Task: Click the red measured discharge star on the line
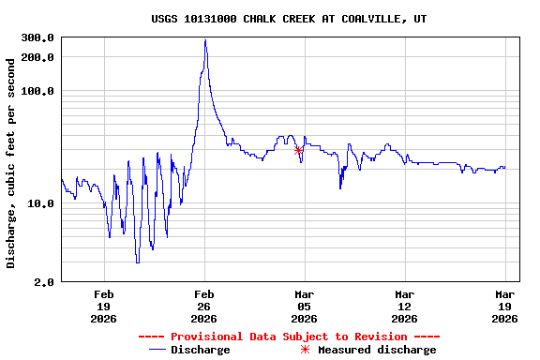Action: pyautogui.click(x=299, y=150)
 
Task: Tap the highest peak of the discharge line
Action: pyautogui.click(x=205, y=40)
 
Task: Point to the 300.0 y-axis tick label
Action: pyautogui.click(x=37, y=38)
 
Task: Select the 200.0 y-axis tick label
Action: pyautogui.click(x=37, y=57)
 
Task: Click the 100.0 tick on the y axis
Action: pyautogui.click(x=37, y=91)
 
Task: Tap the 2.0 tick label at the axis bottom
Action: pyautogui.click(x=44, y=282)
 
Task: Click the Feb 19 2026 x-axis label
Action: pyautogui.click(x=103, y=306)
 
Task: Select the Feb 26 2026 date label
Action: pyautogui.click(x=204, y=306)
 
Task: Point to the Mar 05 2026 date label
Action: pyautogui.click(x=305, y=306)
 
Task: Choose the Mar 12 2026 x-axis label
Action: pyautogui.click(x=405, y=306)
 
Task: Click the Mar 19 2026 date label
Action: pyautogui.click(x=505, y=306)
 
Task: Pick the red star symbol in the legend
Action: pyautogui.click(x=305, y=350)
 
